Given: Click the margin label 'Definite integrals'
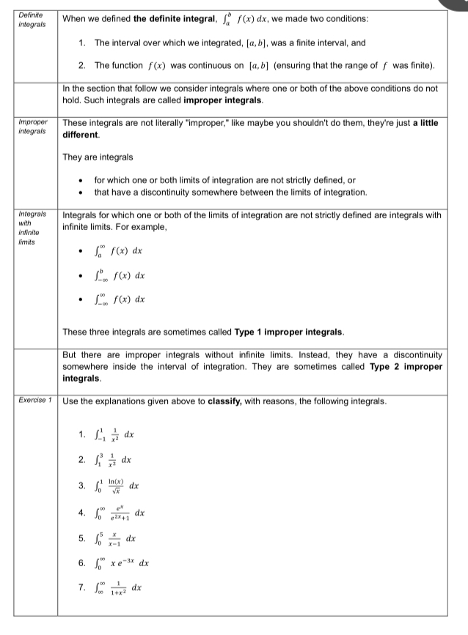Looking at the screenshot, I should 30,19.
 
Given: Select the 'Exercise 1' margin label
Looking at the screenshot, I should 32,401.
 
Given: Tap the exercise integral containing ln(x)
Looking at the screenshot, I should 118,485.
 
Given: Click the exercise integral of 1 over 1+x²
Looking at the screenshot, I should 121,588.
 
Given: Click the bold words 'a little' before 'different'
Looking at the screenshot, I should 423,122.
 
